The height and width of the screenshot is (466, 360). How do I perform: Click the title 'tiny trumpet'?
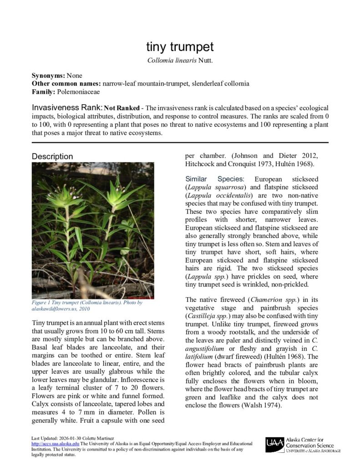click(x=180, y=47)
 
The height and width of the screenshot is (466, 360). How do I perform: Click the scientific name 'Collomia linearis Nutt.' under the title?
click(x=180, y=61)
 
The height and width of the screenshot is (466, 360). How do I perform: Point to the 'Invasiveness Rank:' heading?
click(x=67, y=108)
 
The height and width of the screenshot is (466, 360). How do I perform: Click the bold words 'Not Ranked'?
click(x=122, y=109)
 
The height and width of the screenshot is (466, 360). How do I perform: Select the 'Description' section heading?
click(x=52, y=157)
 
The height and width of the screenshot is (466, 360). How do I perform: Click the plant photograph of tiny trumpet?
click(x=93, y=231)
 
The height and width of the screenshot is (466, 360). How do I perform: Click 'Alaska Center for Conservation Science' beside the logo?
click(x=309, y=442)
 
